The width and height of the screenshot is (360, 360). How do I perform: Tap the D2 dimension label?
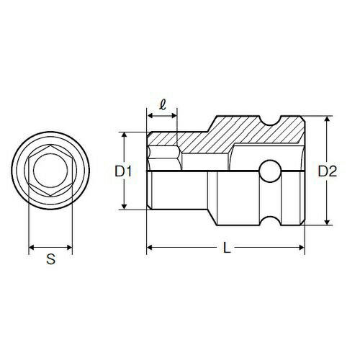point(328,171)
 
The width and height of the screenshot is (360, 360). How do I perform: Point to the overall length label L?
point(226,249)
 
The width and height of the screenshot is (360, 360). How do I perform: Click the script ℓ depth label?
point(163,105)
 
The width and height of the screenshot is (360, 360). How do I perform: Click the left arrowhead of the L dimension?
point(150,248)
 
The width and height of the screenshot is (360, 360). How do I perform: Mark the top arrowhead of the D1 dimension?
point(125,135)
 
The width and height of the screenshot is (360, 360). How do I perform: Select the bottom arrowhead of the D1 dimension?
point(125,207)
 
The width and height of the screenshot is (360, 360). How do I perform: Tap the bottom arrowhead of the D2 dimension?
point(328,222)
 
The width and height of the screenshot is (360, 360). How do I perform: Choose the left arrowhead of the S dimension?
point(31,248)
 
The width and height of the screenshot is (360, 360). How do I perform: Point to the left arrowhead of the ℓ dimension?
point(150,117)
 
